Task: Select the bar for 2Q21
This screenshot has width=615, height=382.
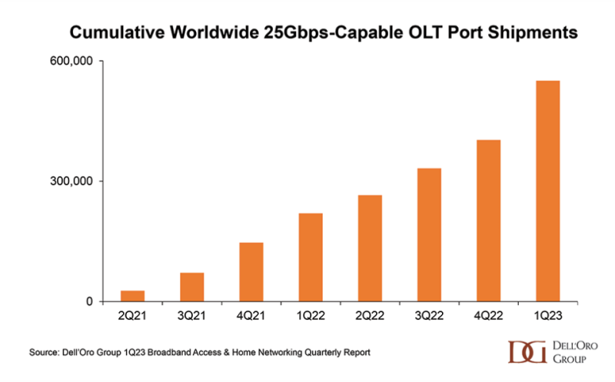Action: [132, 296]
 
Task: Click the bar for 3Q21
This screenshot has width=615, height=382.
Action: [191, 287]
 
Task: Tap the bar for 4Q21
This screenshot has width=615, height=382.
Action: [251, 272]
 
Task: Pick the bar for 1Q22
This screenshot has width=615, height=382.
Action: [311, 257]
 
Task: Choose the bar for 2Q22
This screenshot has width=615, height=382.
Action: [370, 248]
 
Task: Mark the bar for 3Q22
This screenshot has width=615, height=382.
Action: [429, 234]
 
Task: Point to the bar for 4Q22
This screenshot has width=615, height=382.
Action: [488, 221]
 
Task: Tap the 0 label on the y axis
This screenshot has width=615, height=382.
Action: [89, 301]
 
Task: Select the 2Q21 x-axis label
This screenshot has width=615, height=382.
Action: [132, 317]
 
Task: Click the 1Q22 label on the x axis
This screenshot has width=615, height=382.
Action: [311, 317]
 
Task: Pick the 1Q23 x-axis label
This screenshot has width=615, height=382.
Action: [547, 317]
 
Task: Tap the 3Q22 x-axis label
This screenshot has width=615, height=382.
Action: [429, 317]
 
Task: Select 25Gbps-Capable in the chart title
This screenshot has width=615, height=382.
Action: [331, 33]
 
